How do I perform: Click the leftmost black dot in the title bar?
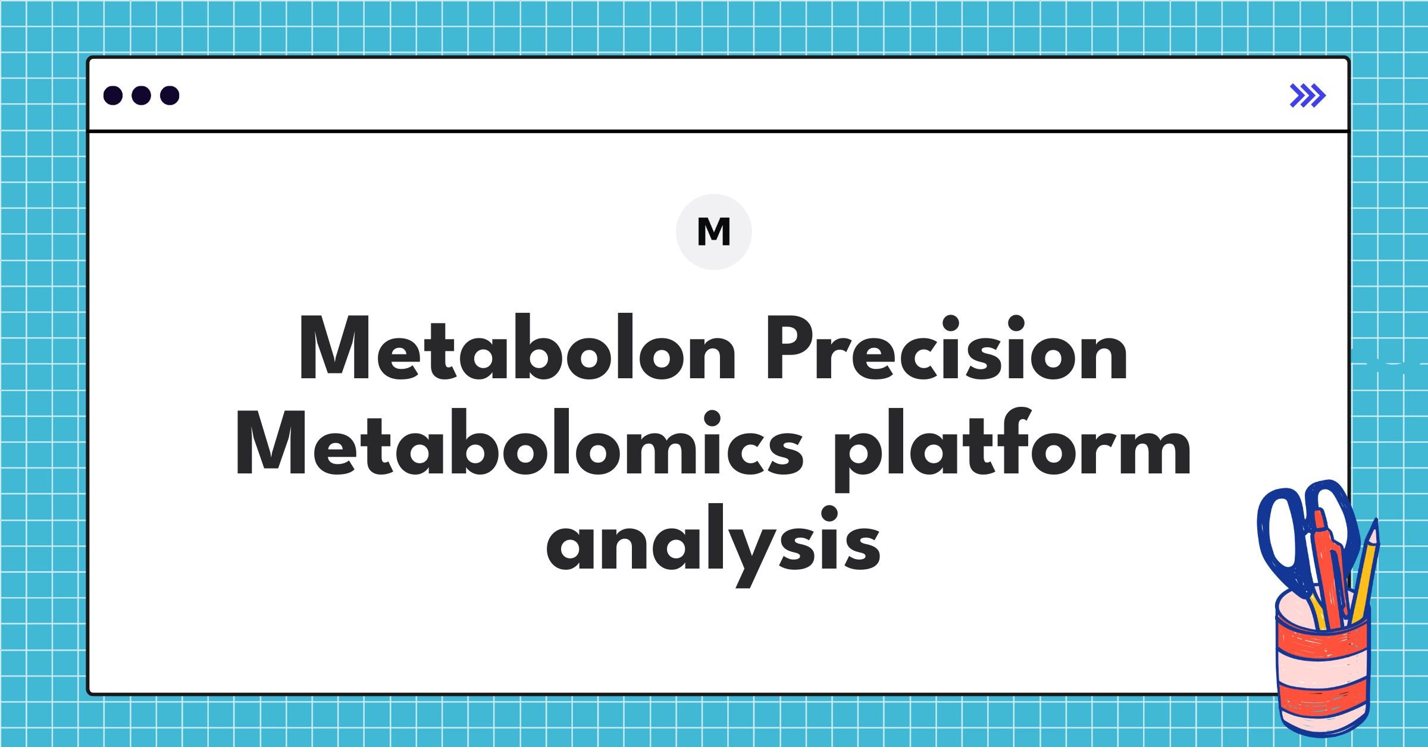(x=113, y=95)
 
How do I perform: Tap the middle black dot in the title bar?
(x=141, y=95)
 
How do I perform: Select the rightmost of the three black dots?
(x=170, y=95)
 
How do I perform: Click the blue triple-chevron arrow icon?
(x=1307, y=95)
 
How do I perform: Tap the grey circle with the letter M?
(x=713, y=232)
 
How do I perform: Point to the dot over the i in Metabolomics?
(x=712, y=419)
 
